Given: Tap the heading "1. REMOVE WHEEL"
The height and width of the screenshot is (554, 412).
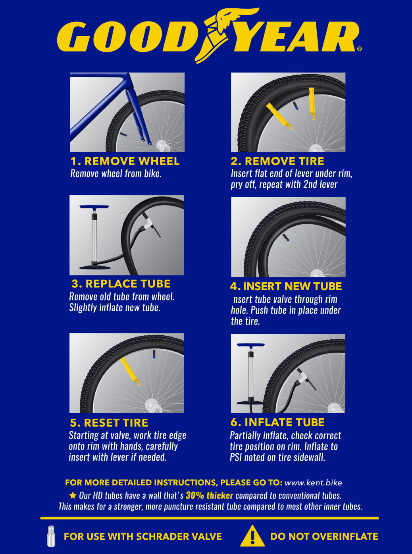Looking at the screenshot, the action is (x=125, y=161).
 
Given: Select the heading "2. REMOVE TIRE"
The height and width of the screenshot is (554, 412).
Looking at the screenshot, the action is (x=277, y=161).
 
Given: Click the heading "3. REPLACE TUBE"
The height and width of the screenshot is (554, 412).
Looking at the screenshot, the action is (x=121, y=284).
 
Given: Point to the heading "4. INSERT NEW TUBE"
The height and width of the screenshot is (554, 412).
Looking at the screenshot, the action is (x=286, y=286).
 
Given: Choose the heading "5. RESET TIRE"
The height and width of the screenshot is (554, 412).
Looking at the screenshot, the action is (x=109, y=423).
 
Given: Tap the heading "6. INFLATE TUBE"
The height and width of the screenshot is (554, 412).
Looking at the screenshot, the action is (x=277, y=422).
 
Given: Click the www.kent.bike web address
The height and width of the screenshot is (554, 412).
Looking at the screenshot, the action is (x=313, y=483).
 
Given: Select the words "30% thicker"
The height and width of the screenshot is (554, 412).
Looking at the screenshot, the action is (x=209, y=496).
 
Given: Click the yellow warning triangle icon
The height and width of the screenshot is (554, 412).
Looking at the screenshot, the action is (x=252, y=537).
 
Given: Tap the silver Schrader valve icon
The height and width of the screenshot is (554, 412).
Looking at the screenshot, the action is (x=51, y=536).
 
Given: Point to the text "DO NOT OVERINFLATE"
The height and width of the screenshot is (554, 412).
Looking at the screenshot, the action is (x=324, y=537).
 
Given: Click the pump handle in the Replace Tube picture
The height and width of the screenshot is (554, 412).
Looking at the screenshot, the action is (x=94, y=207).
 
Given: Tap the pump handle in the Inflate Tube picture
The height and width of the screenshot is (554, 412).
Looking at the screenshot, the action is (x=250, y=345).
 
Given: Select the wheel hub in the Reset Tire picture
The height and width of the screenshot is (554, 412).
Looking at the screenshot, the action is (x=152, y=405).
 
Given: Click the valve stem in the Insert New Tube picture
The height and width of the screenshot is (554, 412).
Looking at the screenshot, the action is (x=286, y=238).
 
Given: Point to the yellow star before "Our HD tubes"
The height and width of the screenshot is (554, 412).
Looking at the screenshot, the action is (x=73, y=495).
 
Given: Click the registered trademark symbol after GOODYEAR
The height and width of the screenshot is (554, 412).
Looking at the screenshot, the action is (x=360, y=49).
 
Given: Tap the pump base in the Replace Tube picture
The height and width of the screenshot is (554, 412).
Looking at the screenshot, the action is (x=95, y=267).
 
